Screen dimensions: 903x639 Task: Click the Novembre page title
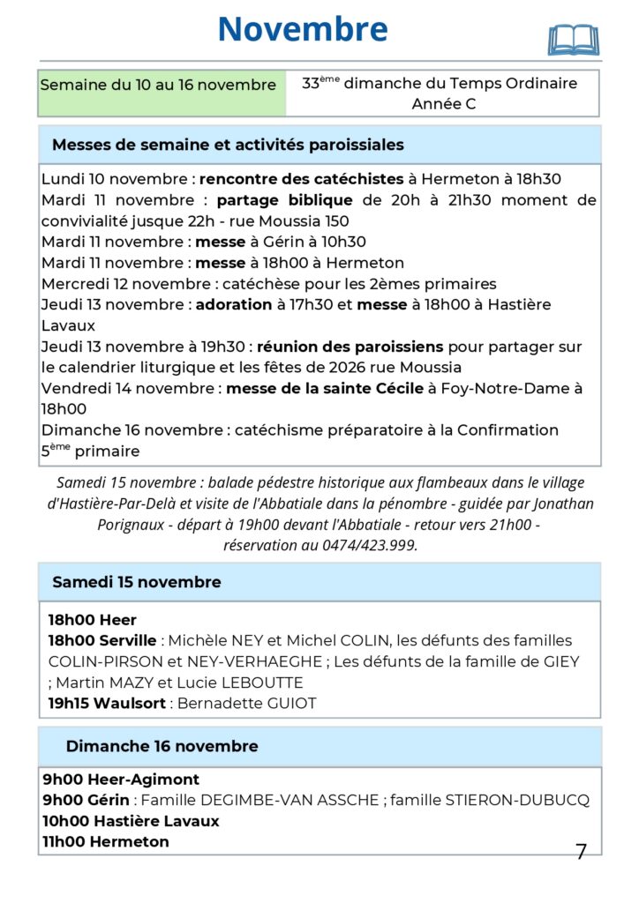click(303, 29)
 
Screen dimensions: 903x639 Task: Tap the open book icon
click(573, 40)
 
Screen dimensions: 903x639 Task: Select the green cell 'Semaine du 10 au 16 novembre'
click(159, 86)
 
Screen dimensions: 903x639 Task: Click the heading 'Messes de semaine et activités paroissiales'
click(228, 145)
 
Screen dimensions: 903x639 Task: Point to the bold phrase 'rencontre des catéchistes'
click(301, 179)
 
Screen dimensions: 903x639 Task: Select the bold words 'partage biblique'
click(284, 200)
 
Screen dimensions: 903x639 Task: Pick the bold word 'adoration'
click(232, 304)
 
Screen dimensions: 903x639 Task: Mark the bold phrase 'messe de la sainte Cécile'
click(325, 389)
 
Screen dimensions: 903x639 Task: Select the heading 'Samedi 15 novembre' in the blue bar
click(137, 582)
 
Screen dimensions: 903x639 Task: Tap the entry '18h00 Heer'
click(93, 620)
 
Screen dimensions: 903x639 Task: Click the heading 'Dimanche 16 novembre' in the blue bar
click(162, 746)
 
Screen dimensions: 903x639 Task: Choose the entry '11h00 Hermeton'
click(105, 842)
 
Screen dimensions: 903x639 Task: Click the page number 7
click(581, 852)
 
